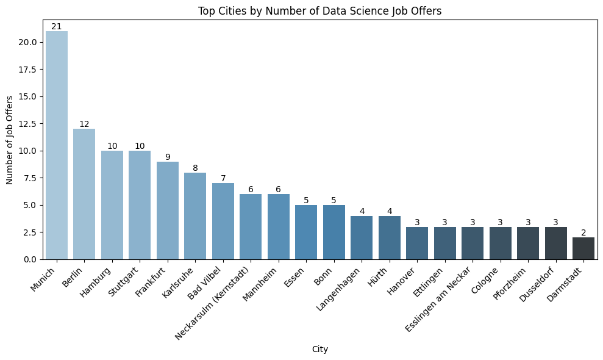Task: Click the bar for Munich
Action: point(57,145)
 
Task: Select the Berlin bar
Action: point(84,194)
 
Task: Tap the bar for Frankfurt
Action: point(168,211)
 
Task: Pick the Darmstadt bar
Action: point(583,248)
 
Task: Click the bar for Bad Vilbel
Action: point(223,221)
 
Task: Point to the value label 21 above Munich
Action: point(57,26)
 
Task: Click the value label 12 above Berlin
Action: point(84,124)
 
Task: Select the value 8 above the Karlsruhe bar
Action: point(195,168)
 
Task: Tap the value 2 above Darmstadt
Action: point(583,233)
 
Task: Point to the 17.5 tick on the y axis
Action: point(30,70)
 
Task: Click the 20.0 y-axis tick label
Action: point(30,42)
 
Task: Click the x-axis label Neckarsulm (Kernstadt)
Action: point(213,302)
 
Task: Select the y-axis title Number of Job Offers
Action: point(10,140)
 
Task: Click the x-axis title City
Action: point(320,349)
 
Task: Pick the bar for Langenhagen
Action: point(362,237)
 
